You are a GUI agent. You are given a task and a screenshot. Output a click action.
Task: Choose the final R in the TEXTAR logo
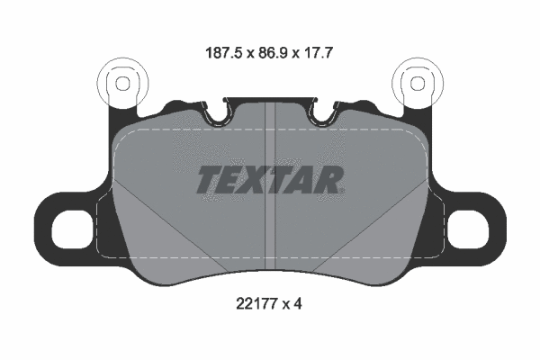click(x=330, y=180)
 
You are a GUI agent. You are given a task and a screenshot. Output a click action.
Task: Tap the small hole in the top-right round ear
click(x=418, y=83)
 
